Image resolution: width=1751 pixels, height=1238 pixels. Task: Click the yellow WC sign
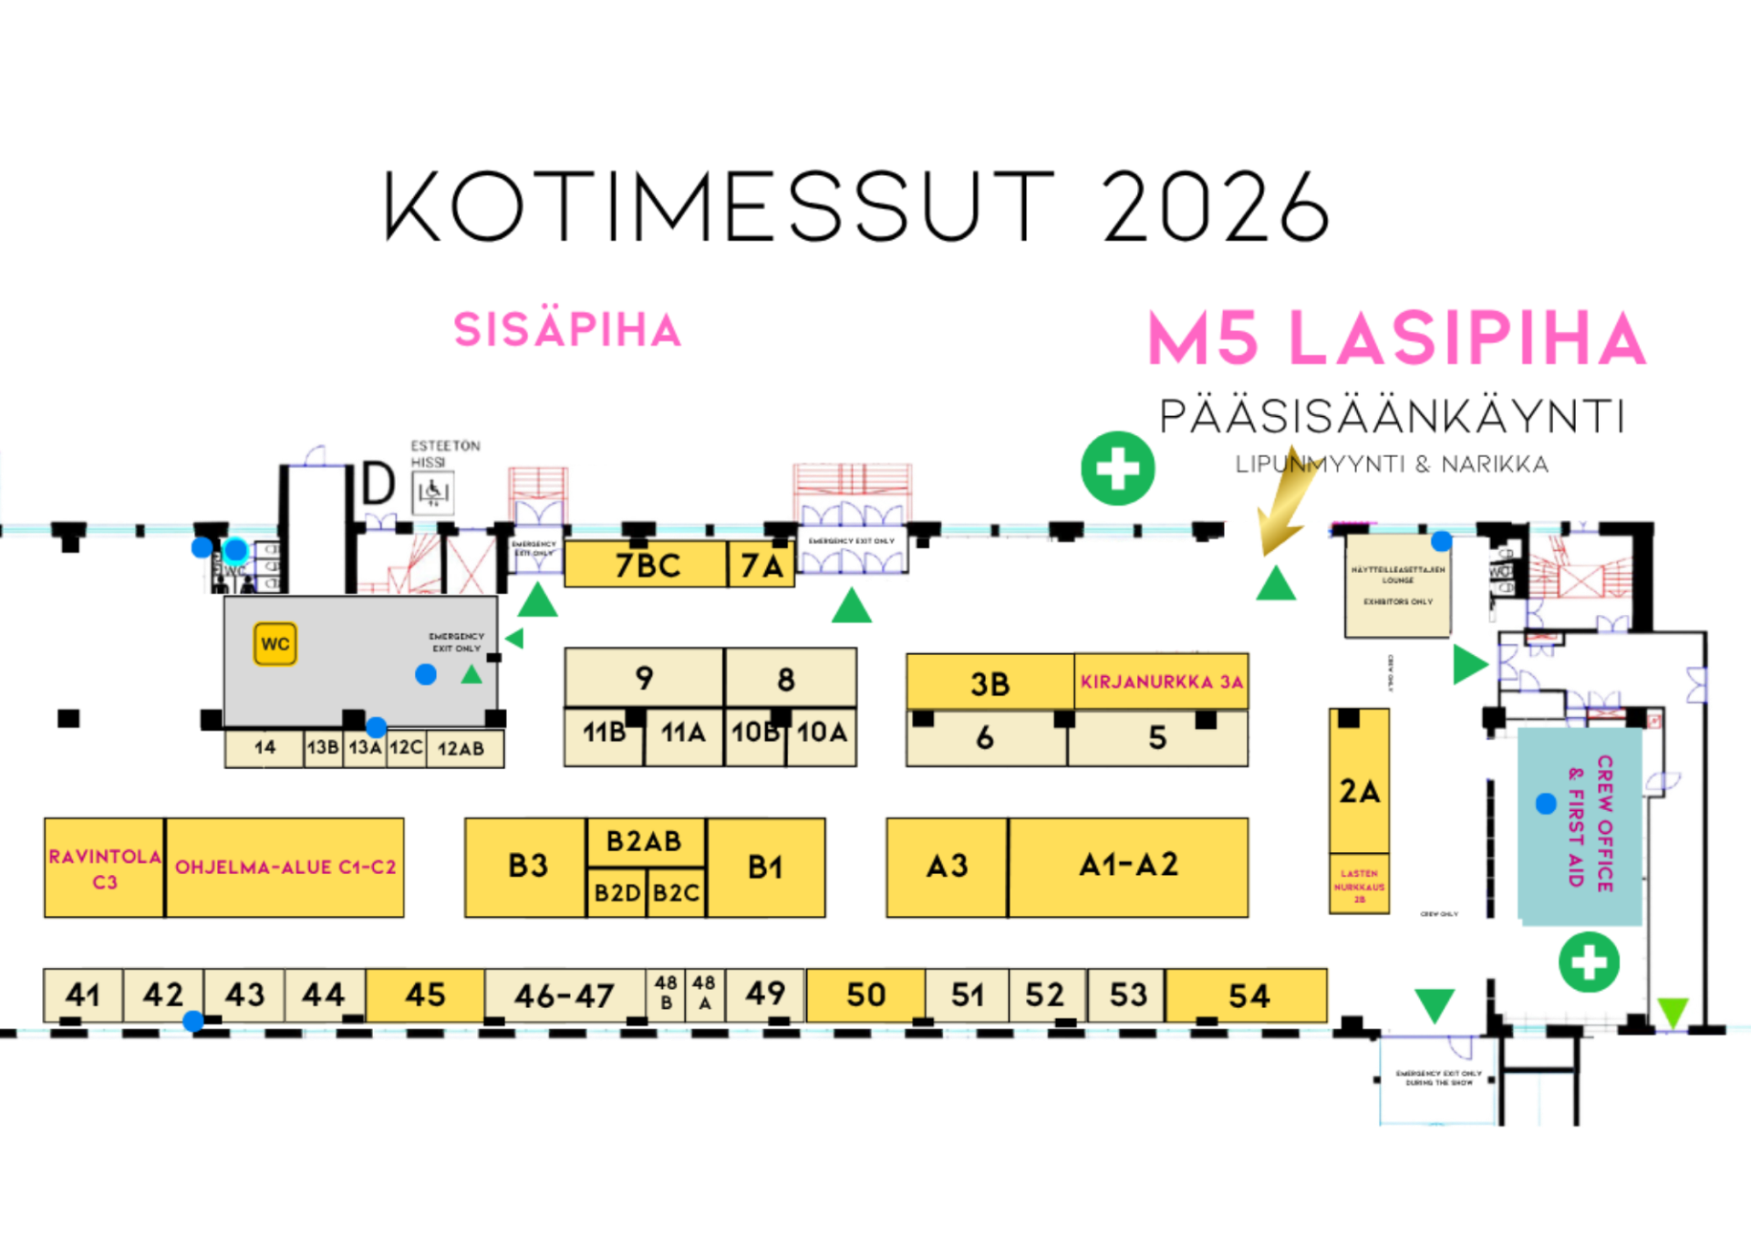click(x=275, y=644)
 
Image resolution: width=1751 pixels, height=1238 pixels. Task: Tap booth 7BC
click(x=647, y=565)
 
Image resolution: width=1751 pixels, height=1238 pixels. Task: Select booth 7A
click(x=762, y=566)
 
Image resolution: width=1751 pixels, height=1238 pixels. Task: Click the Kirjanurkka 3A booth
click(x=1161, y=681)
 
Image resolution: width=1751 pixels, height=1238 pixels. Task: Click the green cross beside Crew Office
click(x=1589, y=962)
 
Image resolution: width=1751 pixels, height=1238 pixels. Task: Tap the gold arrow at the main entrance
click(x=1288, y=506)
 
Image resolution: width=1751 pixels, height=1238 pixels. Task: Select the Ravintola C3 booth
click(x=104, y=868)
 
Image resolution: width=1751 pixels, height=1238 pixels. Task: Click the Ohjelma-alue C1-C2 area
click(x=285, y=868)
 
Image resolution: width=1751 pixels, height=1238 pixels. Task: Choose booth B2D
click(x=616, y=893)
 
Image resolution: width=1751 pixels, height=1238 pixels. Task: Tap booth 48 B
click(x=666, y=994)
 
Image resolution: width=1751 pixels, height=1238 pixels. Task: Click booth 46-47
click(x=565, y=995)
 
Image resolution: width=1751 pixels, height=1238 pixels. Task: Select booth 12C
click(x=406, y=748)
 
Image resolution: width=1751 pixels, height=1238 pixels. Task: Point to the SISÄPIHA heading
click(x=567, y=328)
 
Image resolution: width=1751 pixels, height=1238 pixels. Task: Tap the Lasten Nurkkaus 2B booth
click(x=1359, y=885)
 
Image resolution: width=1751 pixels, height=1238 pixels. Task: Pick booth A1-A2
click(x=1128, y=866)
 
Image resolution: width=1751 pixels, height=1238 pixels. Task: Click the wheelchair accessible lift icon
click(x=432, y=494)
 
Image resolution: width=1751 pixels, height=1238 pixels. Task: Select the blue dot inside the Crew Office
click(x=1546, y=804)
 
